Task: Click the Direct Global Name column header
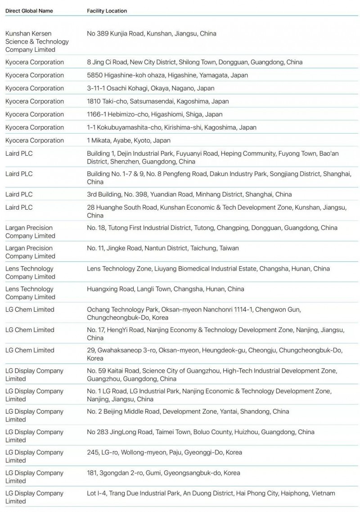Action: click(29, 11)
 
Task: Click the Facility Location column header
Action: click(107, 11)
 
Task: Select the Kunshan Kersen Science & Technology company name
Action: click(37, 41)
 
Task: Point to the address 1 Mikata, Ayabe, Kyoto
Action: click(129, 140)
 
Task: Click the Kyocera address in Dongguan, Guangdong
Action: click(194, 62)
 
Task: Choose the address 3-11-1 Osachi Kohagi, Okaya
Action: click(150, 88)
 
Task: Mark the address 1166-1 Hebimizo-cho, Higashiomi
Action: click(154, 114)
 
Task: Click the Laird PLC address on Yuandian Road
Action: click(189, 194)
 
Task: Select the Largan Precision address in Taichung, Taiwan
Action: click(162, 248)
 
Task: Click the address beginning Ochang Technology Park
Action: click(193, 314)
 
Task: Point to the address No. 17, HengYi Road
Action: click(215, 334)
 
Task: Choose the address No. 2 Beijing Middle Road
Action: click(188, 411)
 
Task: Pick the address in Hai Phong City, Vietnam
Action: click(211, 493)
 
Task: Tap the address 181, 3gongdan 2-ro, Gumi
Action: click(163, 473)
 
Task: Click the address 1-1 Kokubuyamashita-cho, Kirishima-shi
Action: click(171, 127)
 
